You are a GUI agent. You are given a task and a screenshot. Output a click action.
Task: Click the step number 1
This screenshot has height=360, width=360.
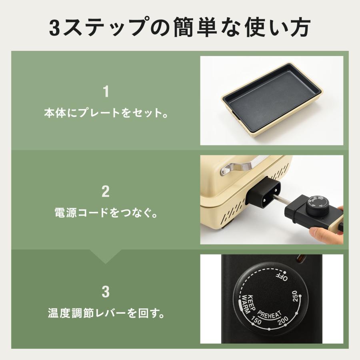click(106, 92)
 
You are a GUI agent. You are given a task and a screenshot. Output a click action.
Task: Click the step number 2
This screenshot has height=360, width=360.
click(106, 191)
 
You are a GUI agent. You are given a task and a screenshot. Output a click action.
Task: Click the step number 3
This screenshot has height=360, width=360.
click(106, 292)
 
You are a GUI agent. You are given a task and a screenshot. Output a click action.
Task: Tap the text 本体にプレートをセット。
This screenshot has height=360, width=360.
click(106, 113)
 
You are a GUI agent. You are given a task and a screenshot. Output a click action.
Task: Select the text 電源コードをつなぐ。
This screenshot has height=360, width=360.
click(106, 213)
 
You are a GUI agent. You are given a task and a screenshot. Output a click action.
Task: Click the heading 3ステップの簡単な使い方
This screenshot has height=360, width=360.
click(180, 27)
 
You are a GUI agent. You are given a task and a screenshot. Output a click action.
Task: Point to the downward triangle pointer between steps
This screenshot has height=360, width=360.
click(106, 258)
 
